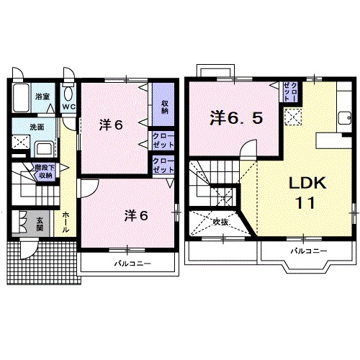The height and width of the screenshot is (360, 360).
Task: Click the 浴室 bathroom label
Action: pyautogui.click(x=42, y=96)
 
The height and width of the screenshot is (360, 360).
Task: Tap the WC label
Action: pyautogui.click(x=69, y=107)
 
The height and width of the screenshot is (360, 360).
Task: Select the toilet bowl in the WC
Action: pyautogui.click(x=68, y=94)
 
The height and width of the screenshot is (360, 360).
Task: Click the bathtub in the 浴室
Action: pyautogui.click(x=21, y=98)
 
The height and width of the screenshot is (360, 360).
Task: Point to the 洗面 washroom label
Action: pyautogui.click(x=37, y=127)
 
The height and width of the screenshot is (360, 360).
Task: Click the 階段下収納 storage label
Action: pyautogui.click(x=45, y=171)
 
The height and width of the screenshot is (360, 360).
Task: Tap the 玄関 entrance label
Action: pyautogui.click(x=40, y=224)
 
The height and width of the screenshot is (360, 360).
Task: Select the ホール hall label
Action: pyautogui.click(x=66, y=222)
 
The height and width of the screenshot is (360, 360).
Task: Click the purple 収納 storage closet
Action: pyautogui.click(x=163, y=104)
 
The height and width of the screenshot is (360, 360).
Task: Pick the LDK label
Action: pyautogui.click(x=307, y=183)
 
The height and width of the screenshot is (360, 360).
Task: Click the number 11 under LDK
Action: pyautogui.click(x=305, y=203)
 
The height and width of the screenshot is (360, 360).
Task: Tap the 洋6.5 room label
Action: pyautogui.click(x=236, y=118)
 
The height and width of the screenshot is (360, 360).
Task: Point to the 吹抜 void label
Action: pyautogui.click(x=220, y=222)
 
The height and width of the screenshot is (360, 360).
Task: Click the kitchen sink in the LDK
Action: pyautogui.click(x=345, y=118)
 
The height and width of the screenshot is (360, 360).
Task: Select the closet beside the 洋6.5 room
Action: pyautogui.click(x=291, y=91)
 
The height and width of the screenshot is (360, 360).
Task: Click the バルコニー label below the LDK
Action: pyautogui.click(x=309, y=251)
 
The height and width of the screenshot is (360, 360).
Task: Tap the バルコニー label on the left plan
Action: pyautogui.click(x=132, y=264)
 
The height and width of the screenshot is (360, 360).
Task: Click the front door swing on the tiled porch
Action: pyautogui.click(x=29, y=249)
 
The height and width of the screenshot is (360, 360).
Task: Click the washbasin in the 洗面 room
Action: pyautogui.click(x=45, y=149)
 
